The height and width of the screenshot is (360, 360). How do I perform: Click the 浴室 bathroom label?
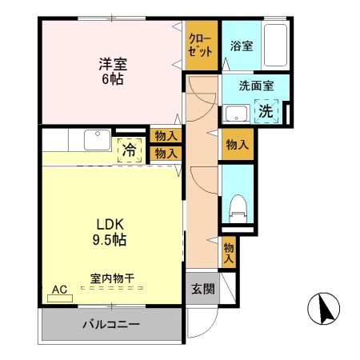point(242,46)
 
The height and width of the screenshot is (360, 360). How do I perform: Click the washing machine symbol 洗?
point(266,110)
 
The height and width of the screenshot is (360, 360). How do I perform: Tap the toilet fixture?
point(237,208)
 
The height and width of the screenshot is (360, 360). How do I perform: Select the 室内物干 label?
point(112,279)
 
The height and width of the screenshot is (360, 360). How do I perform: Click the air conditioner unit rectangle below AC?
point(59,298)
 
